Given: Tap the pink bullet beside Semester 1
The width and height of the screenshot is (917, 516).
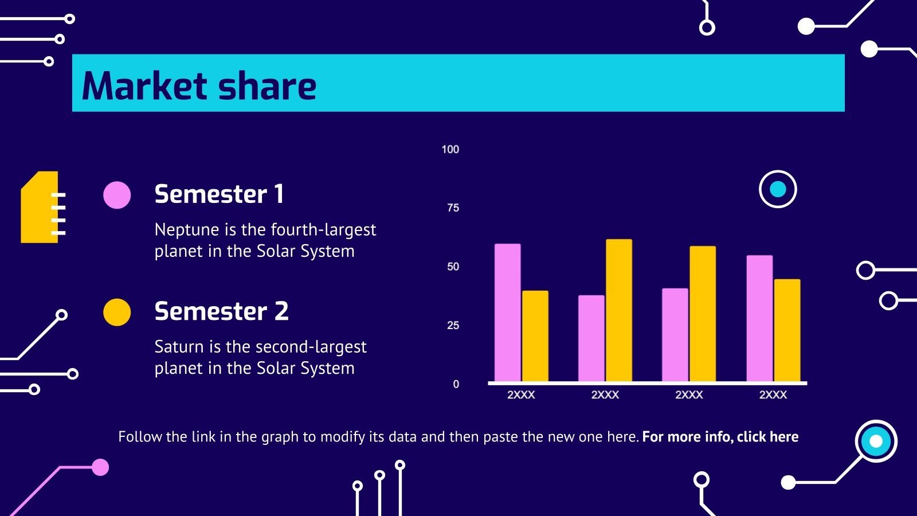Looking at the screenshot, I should tap(117, 195).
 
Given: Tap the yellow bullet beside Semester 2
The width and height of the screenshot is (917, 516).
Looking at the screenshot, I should tap(117, 312).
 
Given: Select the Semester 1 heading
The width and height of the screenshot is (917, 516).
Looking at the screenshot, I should tap(220, 194).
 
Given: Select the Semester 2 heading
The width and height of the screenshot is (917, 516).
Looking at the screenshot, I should tap(221, 311).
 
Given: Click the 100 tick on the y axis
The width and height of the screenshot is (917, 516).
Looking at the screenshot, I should tap(450, 150).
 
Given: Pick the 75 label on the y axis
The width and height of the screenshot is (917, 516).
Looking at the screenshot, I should tap(453, 208).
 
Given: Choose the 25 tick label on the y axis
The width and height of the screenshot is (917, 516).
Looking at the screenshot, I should tap(453, 326).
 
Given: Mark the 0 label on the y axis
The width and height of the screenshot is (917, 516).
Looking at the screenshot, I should tap(456, 384).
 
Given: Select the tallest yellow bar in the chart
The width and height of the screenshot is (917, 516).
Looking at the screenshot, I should tap(619, 310).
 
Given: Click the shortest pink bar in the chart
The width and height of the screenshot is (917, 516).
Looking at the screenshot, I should tap(591, 338).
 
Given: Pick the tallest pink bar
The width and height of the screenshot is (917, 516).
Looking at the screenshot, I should tap(508, 312).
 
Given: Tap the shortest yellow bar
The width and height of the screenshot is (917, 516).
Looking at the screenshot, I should tap(535, 336).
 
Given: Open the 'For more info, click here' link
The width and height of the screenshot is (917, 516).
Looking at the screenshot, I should tap(720, 437).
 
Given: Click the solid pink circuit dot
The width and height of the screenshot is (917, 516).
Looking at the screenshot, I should tap(100, 467).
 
